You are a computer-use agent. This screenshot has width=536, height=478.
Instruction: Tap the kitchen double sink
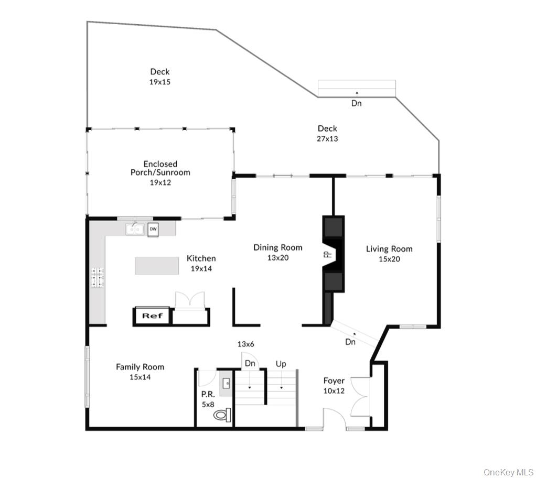pyautogui.click(x=135, y=229)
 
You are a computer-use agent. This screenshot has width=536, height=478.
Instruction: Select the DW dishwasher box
pyautogui.click(x=153, y=229)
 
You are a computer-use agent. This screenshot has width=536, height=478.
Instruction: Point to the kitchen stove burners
pyautogui.click(x=98, y=278)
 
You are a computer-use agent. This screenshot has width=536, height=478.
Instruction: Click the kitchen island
pyautogui.click(x=160, y=266)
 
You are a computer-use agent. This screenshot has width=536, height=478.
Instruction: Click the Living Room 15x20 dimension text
pyautogui.click(x=389, y=259)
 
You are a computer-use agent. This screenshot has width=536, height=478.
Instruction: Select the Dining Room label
pyautogui.click(x=278, y=247)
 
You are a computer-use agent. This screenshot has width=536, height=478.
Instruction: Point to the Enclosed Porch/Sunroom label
pyautogui.click(x=160, y=168)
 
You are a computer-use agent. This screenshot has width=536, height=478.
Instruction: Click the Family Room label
pyautogui.click(x=140, y=367)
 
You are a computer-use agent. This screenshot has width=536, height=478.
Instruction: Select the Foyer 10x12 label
pyautogui.click(x=334, y=385)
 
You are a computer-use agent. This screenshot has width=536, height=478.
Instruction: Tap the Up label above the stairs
pyautogui.click(x=281, y=364)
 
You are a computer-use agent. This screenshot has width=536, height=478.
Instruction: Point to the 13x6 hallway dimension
pyautogui.click(x=245, y=344)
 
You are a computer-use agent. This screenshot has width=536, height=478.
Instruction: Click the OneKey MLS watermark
pyautogui.click(x=508, y=472)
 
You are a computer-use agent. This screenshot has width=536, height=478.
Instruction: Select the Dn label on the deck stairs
pyautogui.click(x=356, y=104)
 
